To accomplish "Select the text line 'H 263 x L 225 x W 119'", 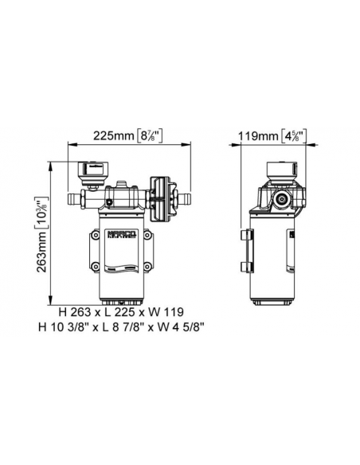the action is (x=121, y=312).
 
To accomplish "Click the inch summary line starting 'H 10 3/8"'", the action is (x=121, y=327).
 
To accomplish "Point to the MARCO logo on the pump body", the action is (x=121, y=235).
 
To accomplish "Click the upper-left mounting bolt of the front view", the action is (x=96, y=235).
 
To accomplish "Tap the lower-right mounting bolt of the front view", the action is (x=147, y=266).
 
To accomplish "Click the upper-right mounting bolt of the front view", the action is (x=147, y=235).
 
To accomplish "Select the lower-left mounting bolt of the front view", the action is (x=96, y=266).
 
